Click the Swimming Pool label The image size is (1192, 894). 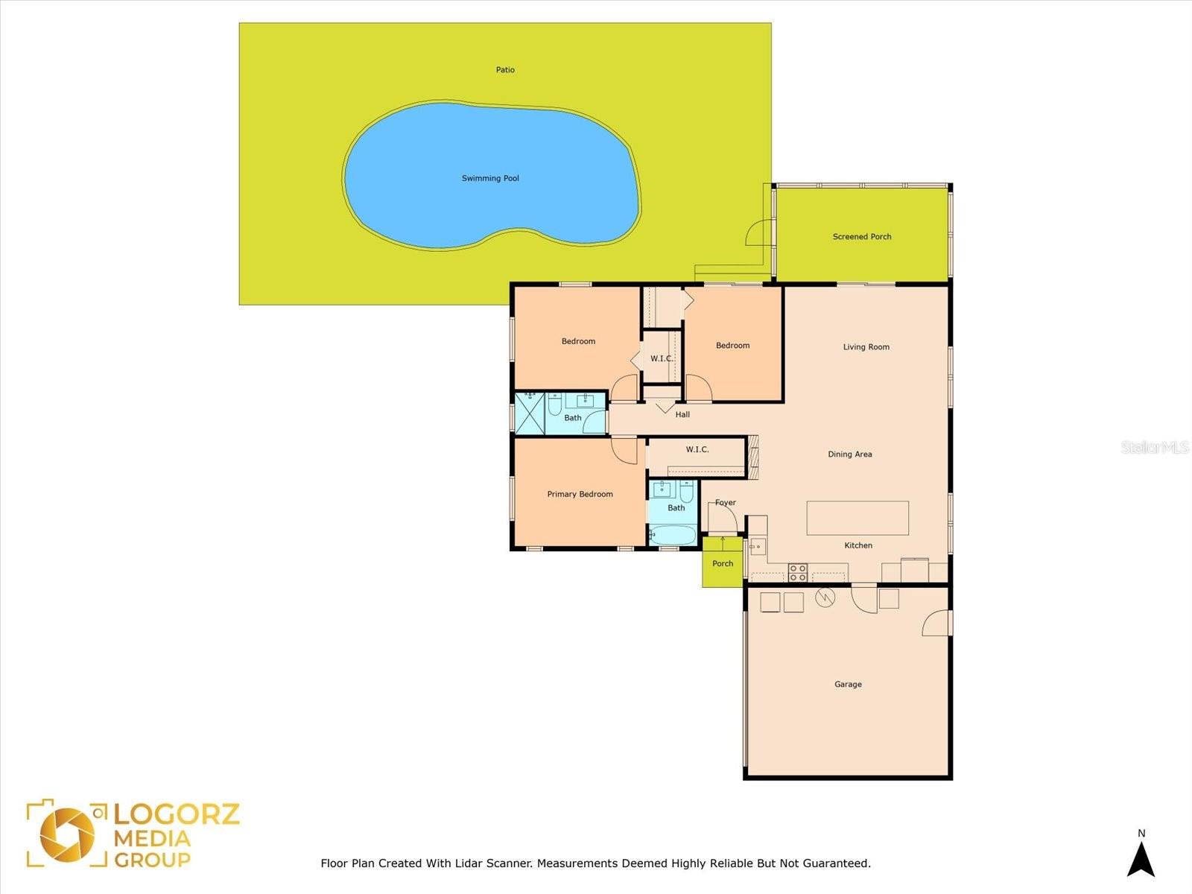click(x=490, y=178)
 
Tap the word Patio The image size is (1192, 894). click(x=505, y=69)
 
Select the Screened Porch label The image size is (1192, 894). click(x=862, y=237)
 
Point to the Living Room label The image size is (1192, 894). click(x=866, y=347)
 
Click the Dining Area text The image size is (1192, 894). click(x=850, y=454)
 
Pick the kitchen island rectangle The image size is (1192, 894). click(x=857, y=518)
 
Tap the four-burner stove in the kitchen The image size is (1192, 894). click(x=797, y=573)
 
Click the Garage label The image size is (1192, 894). click(x=848, y=685)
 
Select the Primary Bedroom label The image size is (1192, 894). click(x=580, y=494)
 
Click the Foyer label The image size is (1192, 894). click(x=726, y=503)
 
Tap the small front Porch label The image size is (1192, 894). click(x=723, y=563)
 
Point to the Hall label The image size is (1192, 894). click(x=682, y=414)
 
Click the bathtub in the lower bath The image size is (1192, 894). click(x=673, y=535)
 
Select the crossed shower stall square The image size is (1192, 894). click(x=530, y=413)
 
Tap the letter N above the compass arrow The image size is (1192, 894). click(x=1141, y=833)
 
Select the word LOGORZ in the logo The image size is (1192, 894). click(x=177, y=814)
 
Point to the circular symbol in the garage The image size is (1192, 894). click(x=825, y=598)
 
